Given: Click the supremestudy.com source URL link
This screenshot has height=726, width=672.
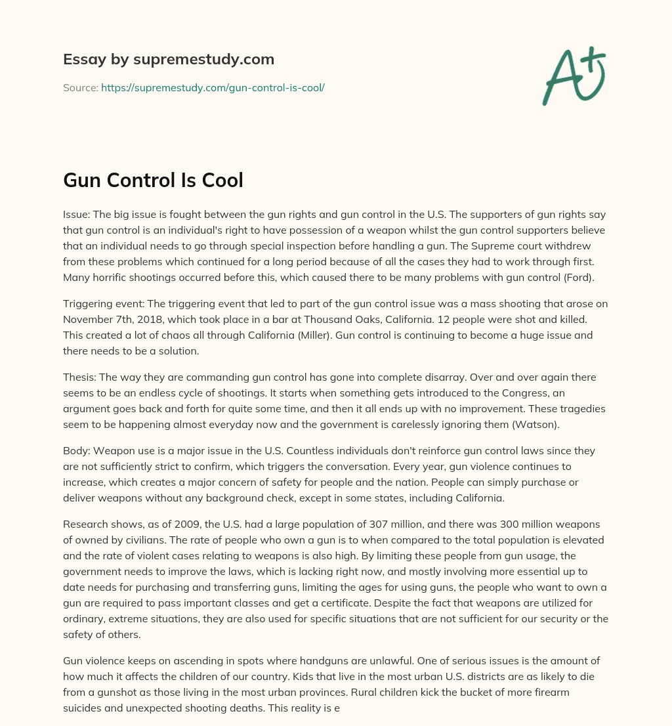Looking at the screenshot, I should point(213,87).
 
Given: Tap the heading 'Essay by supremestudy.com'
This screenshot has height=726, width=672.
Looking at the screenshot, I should point(169,59).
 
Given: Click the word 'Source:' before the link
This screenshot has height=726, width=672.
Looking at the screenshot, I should point(80,87).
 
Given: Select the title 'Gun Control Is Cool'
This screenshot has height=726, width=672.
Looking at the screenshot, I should point(153,180).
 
